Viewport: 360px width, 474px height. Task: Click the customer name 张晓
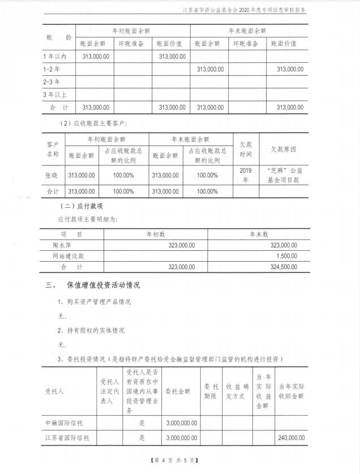[x=52, y=175]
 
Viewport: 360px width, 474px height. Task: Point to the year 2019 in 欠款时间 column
[x=245, y=170]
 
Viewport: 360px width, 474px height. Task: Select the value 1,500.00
[x=286, y=256]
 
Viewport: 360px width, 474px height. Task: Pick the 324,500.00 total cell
[x=281, y=267]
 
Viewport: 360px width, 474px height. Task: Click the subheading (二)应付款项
[x=83, y=206]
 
